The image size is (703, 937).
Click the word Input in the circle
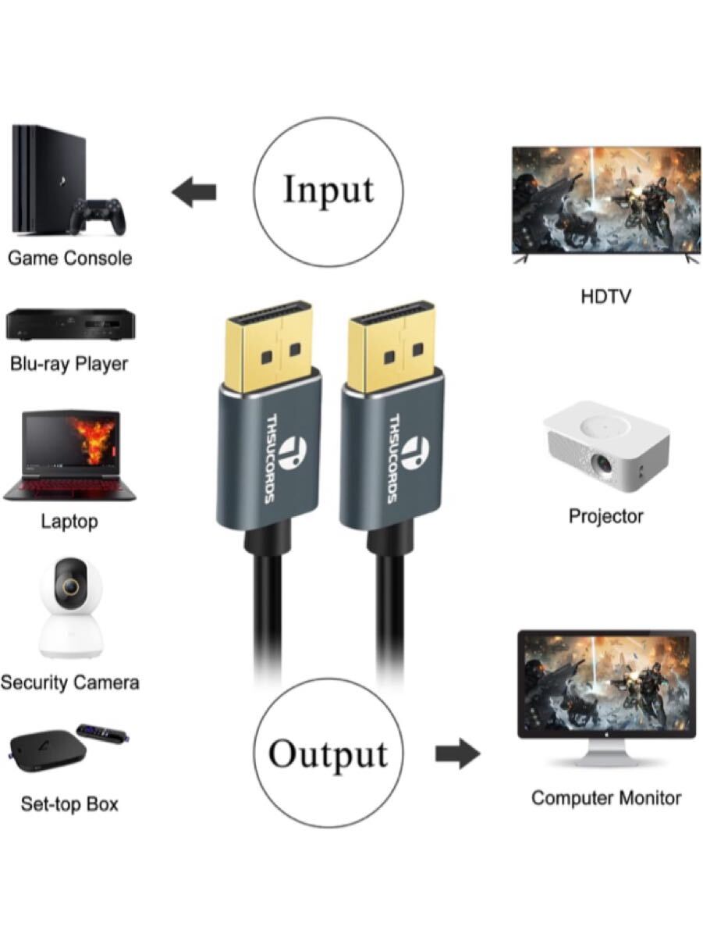[x=328, y=190]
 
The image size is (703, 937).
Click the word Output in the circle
[x=328, y=754]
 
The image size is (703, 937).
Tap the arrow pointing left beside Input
[x=194, y=192]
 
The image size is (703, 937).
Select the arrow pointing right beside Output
[x=457, y=754]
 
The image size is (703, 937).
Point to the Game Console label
[x=69, y=258]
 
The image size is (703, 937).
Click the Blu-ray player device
[x=67, y=325]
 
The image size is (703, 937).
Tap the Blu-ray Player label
[x=69, y=363]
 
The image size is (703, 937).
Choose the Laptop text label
[x=69, y=522]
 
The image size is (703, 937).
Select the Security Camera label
[x=69, y=682]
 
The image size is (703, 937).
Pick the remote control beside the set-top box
[x=102, y=734]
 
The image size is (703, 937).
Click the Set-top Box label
[x=69, y=803]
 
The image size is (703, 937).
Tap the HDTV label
[x=605, y=297]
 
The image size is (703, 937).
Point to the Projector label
[x=605, y=516]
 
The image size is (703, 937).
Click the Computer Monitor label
[x=605, y=798]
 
